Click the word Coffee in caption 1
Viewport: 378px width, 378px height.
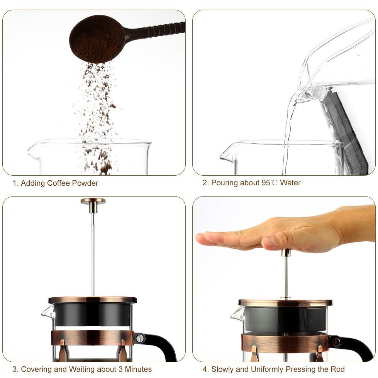tap(59, 183)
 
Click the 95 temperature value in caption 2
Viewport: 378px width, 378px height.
tap(266, 183)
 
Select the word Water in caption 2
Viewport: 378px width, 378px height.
tap(290, 183)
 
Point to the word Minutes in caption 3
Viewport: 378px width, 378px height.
tap(138, 369)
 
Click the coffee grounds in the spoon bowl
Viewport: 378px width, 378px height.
tap(95, 45)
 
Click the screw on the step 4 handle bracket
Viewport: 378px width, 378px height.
tap(336, 341)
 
